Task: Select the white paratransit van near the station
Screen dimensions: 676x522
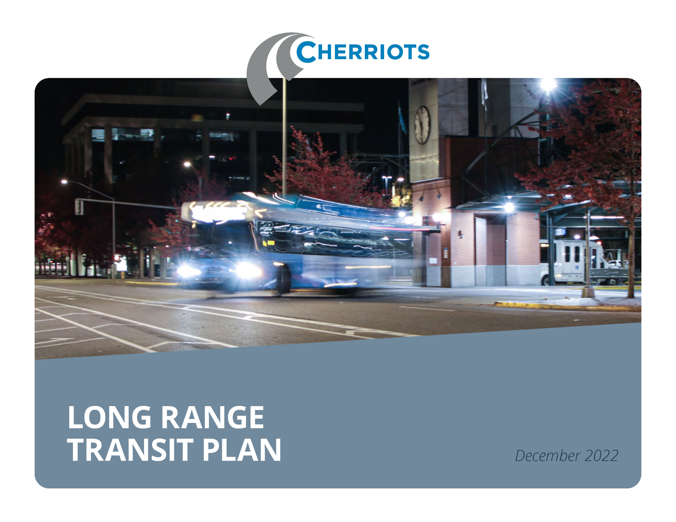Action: point(573,261)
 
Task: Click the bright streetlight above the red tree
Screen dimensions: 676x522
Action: point(548,84)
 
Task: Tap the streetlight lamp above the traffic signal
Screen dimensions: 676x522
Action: point(64,182)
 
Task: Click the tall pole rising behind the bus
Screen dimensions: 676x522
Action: point(284,136)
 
